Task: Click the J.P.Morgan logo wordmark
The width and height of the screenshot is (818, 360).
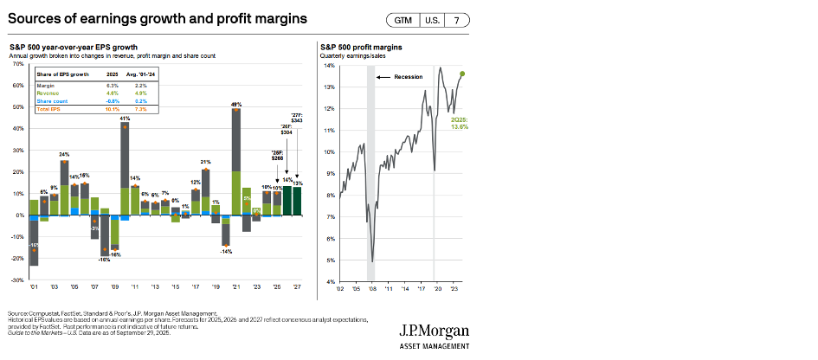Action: (434, 331)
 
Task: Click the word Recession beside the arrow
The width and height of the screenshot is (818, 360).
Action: (408, 77)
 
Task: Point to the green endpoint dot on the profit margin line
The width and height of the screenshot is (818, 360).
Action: (462, 74)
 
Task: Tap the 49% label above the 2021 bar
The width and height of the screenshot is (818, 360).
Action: (235, 104)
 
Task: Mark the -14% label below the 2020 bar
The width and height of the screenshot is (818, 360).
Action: (225, 251)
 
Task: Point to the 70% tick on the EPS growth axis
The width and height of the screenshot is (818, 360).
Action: (17, 64)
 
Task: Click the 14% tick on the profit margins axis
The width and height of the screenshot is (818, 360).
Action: (330, 66)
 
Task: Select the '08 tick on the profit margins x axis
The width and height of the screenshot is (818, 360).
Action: (372, 288)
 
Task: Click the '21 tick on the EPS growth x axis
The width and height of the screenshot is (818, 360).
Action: (235, 287)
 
